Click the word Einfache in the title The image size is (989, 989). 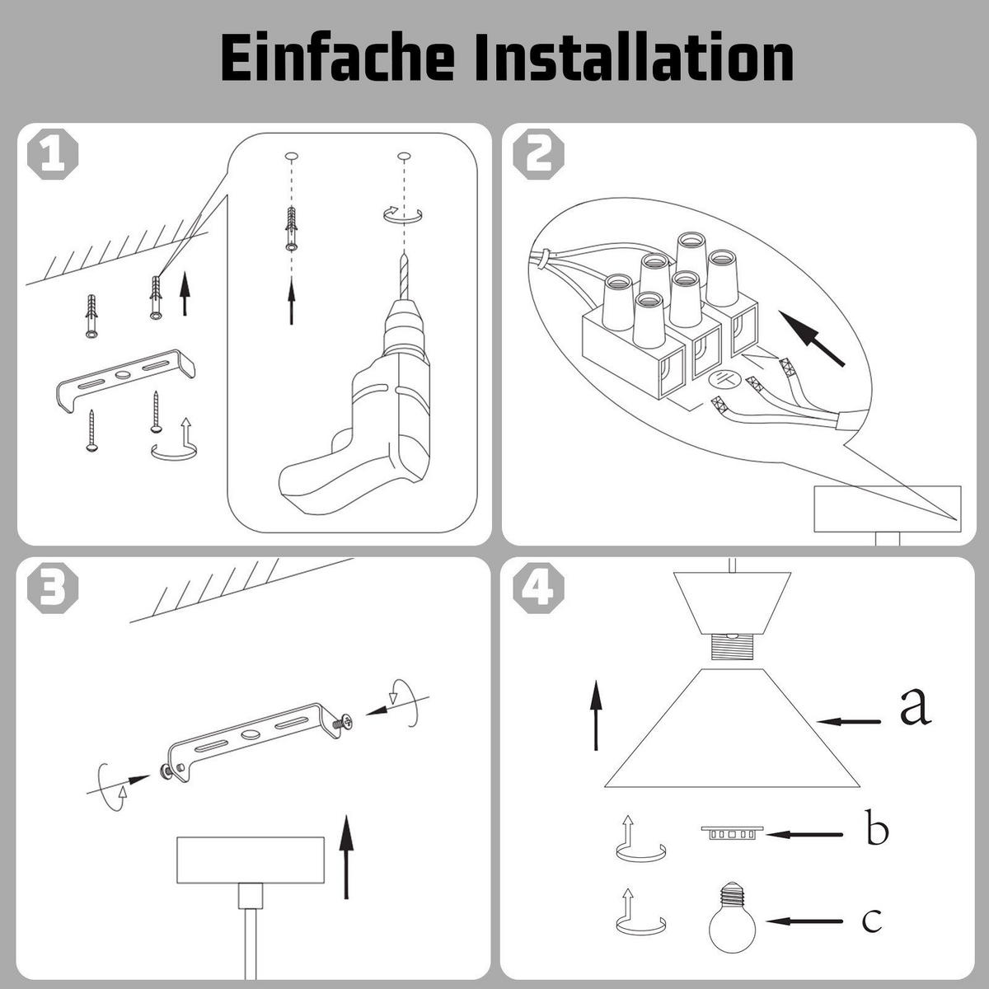click(337, 58)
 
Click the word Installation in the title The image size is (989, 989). click(634, 58)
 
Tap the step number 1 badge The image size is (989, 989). click(53, 153)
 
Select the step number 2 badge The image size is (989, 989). click(538, 153)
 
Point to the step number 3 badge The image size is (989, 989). click(53, 588)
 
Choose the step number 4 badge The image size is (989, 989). click(538, 588)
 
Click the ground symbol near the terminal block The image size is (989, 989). click(723, 380)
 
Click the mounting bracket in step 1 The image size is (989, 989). click(126, 379)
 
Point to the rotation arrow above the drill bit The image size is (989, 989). click(403, 214)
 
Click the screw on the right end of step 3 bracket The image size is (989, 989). click(341, 723)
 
